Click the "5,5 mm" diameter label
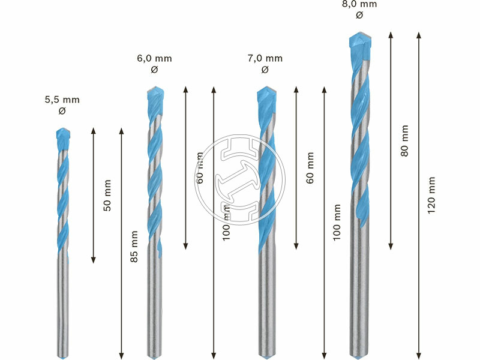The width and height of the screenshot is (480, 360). [62, 100]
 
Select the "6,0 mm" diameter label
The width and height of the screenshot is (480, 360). [154, 58]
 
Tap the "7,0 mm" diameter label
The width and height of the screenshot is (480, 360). [265, 58]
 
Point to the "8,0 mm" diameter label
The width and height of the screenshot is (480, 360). [359, 4]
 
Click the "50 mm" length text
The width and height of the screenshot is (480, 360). [107, 195]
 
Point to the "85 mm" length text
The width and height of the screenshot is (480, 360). [135, 246]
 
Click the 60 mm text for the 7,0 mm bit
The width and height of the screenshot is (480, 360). [310, 168]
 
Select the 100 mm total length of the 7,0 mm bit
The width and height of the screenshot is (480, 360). [337, 222]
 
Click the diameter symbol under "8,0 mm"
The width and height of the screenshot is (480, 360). [359, 16]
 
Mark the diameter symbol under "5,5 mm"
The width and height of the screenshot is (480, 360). [62, 111]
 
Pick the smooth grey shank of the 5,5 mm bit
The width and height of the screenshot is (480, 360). [63, 306]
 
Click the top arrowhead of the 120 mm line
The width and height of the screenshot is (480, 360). [418, 35]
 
